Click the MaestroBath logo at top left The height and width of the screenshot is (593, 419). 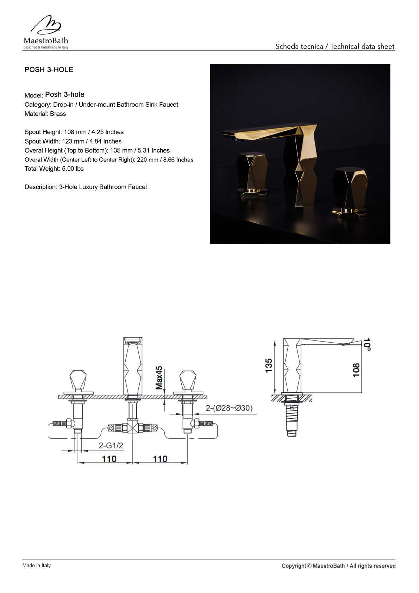coord(46,32)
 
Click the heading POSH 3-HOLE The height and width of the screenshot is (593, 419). coord(49,70)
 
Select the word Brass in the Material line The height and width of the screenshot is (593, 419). coord(58,114)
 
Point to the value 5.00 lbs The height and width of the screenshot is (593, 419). coord(73,169)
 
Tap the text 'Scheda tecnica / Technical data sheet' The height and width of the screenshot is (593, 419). coord(335,46)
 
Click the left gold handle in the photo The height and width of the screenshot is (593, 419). coord(252,174)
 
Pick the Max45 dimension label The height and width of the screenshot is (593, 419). coord(159,378)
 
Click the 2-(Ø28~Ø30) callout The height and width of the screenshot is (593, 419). coord(229,408)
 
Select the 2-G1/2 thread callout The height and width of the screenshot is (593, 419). coord(111,445)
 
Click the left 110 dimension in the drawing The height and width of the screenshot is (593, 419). coord(109,459)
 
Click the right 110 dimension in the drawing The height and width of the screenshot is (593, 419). coord(160,459)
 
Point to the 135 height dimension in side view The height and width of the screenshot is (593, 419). coord(269,366)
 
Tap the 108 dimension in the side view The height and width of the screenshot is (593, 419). coord(356,370)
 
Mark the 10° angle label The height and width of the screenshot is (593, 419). coord(367,344)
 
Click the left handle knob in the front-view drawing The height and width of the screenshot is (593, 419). coord(78,380)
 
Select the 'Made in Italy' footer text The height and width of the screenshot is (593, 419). coord(37,566)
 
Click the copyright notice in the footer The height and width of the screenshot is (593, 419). coord(338,566)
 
